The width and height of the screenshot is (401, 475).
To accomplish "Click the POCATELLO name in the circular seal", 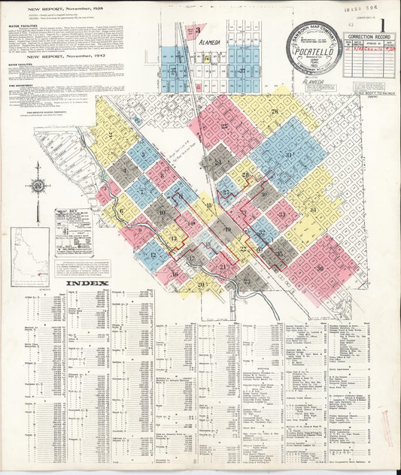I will click(314, 54).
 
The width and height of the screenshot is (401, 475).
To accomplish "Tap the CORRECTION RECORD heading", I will click(369, 35).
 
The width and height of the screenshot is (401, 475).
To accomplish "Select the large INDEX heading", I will click(87, 284).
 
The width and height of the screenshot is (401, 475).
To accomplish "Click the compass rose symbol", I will click(37, 186).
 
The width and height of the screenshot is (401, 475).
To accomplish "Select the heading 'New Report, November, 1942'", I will click(63, 56).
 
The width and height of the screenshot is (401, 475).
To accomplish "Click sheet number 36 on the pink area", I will click(319, 268).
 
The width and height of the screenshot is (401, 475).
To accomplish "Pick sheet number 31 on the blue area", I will click(288, 156).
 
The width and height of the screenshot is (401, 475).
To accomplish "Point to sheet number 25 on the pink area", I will click(225, 126).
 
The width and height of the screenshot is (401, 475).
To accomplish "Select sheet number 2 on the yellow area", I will click(111, 135).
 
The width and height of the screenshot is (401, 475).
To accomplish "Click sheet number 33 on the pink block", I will click(281, 215).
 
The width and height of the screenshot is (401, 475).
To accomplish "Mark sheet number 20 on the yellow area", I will click(201, 284).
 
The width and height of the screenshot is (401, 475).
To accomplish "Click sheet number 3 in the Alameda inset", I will click(197, 31).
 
